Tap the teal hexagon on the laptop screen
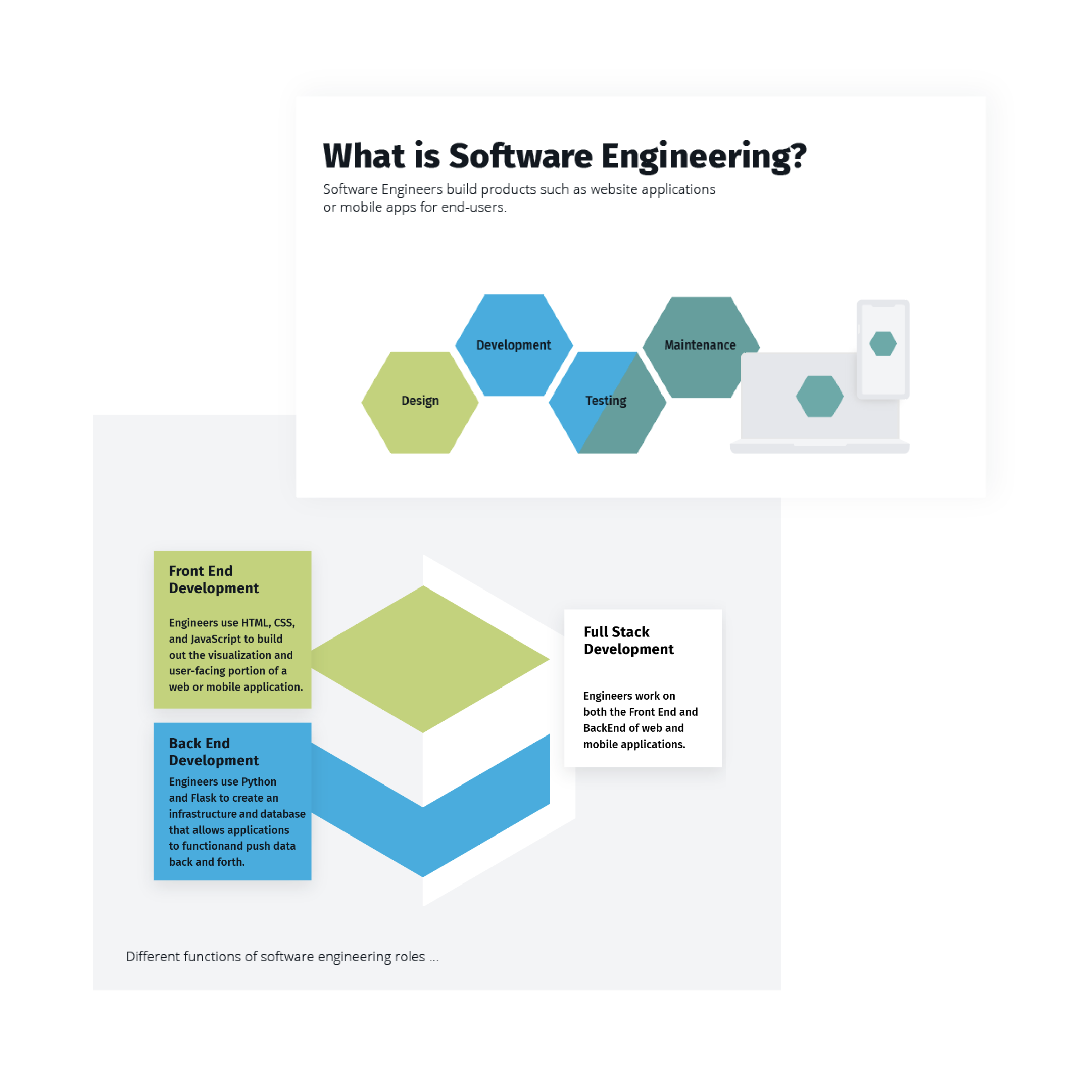click(819, 397)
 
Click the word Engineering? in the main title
click(704, 157)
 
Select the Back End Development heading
click(213, 751)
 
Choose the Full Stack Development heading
click(628, 640)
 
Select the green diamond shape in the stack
click(423, 659)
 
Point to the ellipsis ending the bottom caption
click(434, 958)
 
